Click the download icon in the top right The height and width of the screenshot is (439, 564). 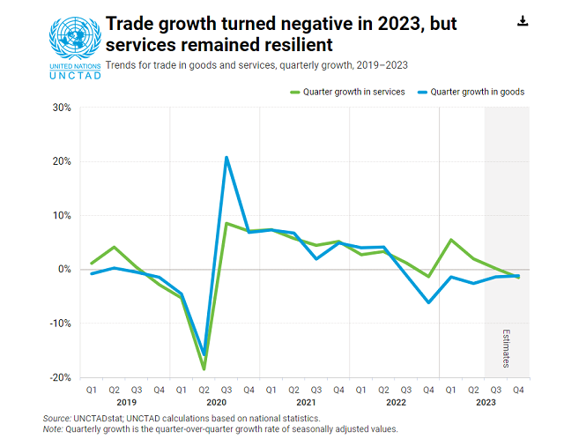click(522, 21)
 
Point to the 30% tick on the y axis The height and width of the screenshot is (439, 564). click(61, 108)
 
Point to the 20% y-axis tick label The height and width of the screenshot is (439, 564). click(61, 161)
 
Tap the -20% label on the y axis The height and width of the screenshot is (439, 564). click(59, 376)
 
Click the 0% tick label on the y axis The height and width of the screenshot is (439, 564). click(63, 269)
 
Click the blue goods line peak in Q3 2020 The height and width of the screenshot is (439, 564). click(227, 158)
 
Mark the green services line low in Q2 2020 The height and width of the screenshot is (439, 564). click(204, 368)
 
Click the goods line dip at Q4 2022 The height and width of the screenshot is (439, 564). click(429, 302)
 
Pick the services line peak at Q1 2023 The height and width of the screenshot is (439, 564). click(451, 240)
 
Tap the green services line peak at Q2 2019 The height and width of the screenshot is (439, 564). click(114, 247)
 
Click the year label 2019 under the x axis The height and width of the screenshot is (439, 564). click(125, 401)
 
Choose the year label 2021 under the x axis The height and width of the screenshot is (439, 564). click(306, 401)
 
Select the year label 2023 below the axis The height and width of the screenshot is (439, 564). click(486, 401)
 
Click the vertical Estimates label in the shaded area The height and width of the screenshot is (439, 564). click(507, 349)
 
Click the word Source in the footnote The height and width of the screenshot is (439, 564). click(58, 418)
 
